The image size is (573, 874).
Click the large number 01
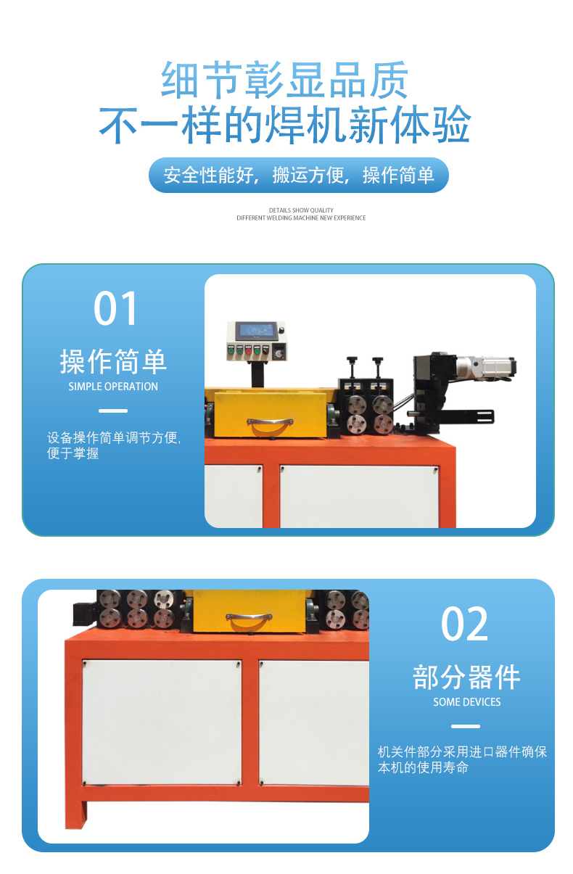[x=115, y=308]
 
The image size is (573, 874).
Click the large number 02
[x=464, y=624]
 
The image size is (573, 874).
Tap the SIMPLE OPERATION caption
[x=113, y=387]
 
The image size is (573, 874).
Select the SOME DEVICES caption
[x=467, y=702]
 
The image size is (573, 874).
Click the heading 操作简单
[x=113, y=361]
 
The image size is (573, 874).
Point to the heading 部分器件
[x=466, y=677]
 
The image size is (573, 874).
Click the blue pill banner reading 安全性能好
[x=298, y=175]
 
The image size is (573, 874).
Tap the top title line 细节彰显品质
[x=285, y=79]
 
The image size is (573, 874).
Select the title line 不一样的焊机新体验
[x=285, y=124]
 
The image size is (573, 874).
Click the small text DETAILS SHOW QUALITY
[x=301, y=210]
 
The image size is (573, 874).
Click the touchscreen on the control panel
[x=256, y=331]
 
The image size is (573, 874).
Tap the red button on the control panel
[x=248, y=351]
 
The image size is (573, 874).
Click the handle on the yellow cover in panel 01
[x=270, y=422]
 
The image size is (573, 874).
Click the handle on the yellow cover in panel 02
[x=249, y=617]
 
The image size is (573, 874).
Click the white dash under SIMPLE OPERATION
[x=113, y=411]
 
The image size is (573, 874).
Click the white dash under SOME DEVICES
[x=466, y=726]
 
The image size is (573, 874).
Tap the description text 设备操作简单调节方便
[x=114, y=438]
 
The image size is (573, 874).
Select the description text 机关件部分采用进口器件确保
[x=462, y=752]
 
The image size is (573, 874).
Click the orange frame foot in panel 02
[x=76, y=815]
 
